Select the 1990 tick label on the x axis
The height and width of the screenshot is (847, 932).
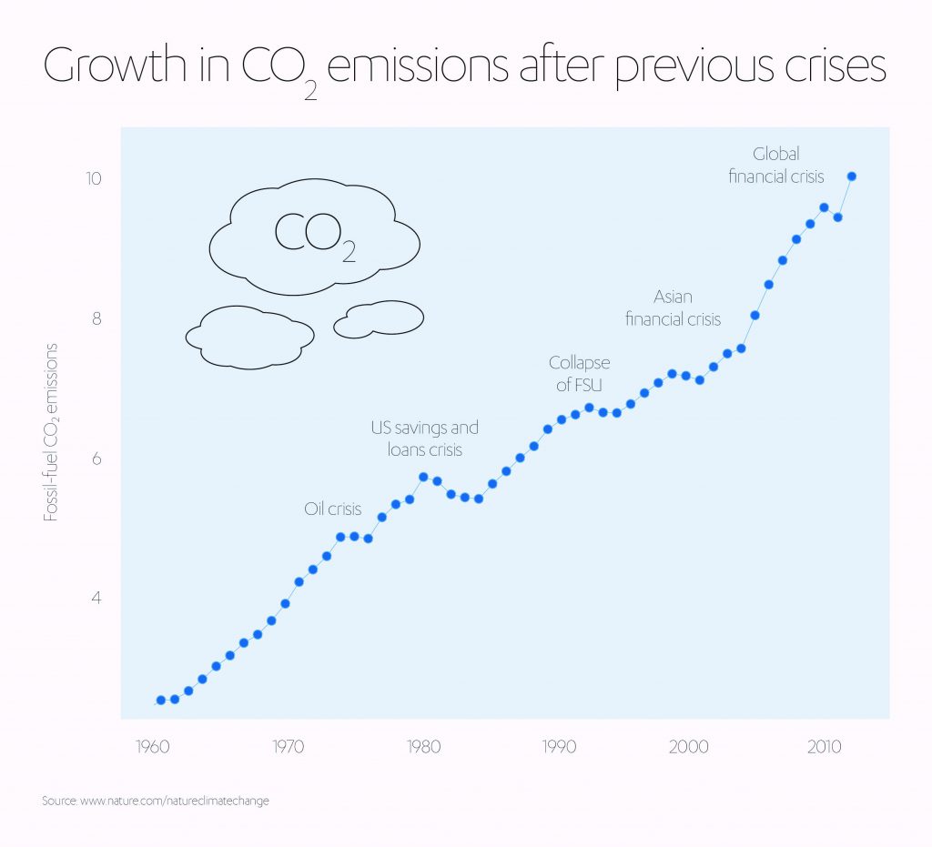[x=558, y=747]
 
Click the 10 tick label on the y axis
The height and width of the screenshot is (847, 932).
[x=94, y=177]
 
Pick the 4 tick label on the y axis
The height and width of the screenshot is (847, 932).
[x=96, y=598]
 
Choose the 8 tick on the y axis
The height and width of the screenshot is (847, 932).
[x=96, y=318]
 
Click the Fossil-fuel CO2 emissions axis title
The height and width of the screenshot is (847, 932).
[x=52, y=431]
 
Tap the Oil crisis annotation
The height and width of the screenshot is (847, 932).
[x=333, y=509]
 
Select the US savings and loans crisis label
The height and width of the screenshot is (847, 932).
[x=424, y=439]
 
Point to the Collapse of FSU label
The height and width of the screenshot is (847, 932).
[x=579, y=374]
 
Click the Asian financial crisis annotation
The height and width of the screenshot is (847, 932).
[x=673, y=308]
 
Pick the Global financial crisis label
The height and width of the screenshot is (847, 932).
[x=776, y=166]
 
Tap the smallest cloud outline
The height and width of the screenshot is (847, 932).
[x=380, y=318]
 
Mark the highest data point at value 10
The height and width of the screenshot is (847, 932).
[x=851, y=176]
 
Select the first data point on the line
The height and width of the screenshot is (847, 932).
[x=161, y=700]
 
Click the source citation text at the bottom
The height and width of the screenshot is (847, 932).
[x=156, y=801]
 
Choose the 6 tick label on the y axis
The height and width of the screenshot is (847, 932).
[x=96, y=459]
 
